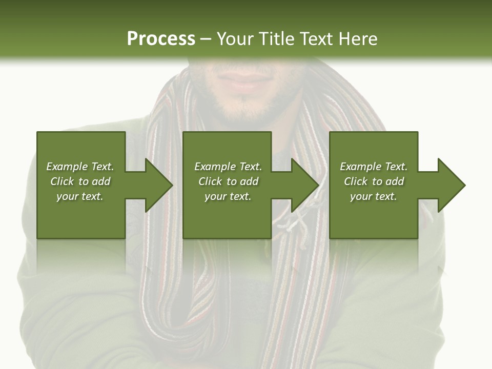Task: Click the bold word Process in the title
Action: pos(161,38)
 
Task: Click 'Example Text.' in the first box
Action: pos(80,167)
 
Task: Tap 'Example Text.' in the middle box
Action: pos(228,167)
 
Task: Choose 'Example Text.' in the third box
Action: pos(374,167)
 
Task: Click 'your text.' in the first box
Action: pos(80,196)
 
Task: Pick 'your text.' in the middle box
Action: pos(228,196)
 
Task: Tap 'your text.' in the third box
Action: pos(374,196)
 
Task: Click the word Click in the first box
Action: pos(63,181)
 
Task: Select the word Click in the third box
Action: pos(356,181)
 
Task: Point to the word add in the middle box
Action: pos(249,181)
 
